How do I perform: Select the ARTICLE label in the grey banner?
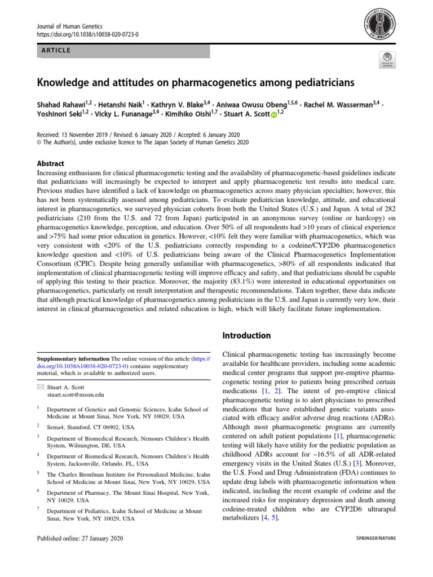tap(55, 51)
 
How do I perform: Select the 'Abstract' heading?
tap(50, 163)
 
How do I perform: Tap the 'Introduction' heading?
tap(247, 335)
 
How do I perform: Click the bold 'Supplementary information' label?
tap(73, 358)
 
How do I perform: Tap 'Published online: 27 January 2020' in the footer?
tap(79, 538)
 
